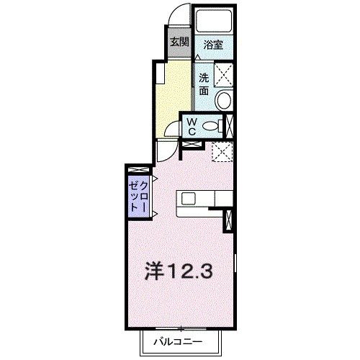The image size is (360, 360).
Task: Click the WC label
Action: [193, 127]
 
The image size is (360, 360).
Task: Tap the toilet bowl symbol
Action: [212, 127]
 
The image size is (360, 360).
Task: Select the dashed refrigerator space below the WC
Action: [222, 152]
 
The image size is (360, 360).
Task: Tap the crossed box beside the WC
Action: [230, 125]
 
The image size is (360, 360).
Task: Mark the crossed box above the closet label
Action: [136, 170]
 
